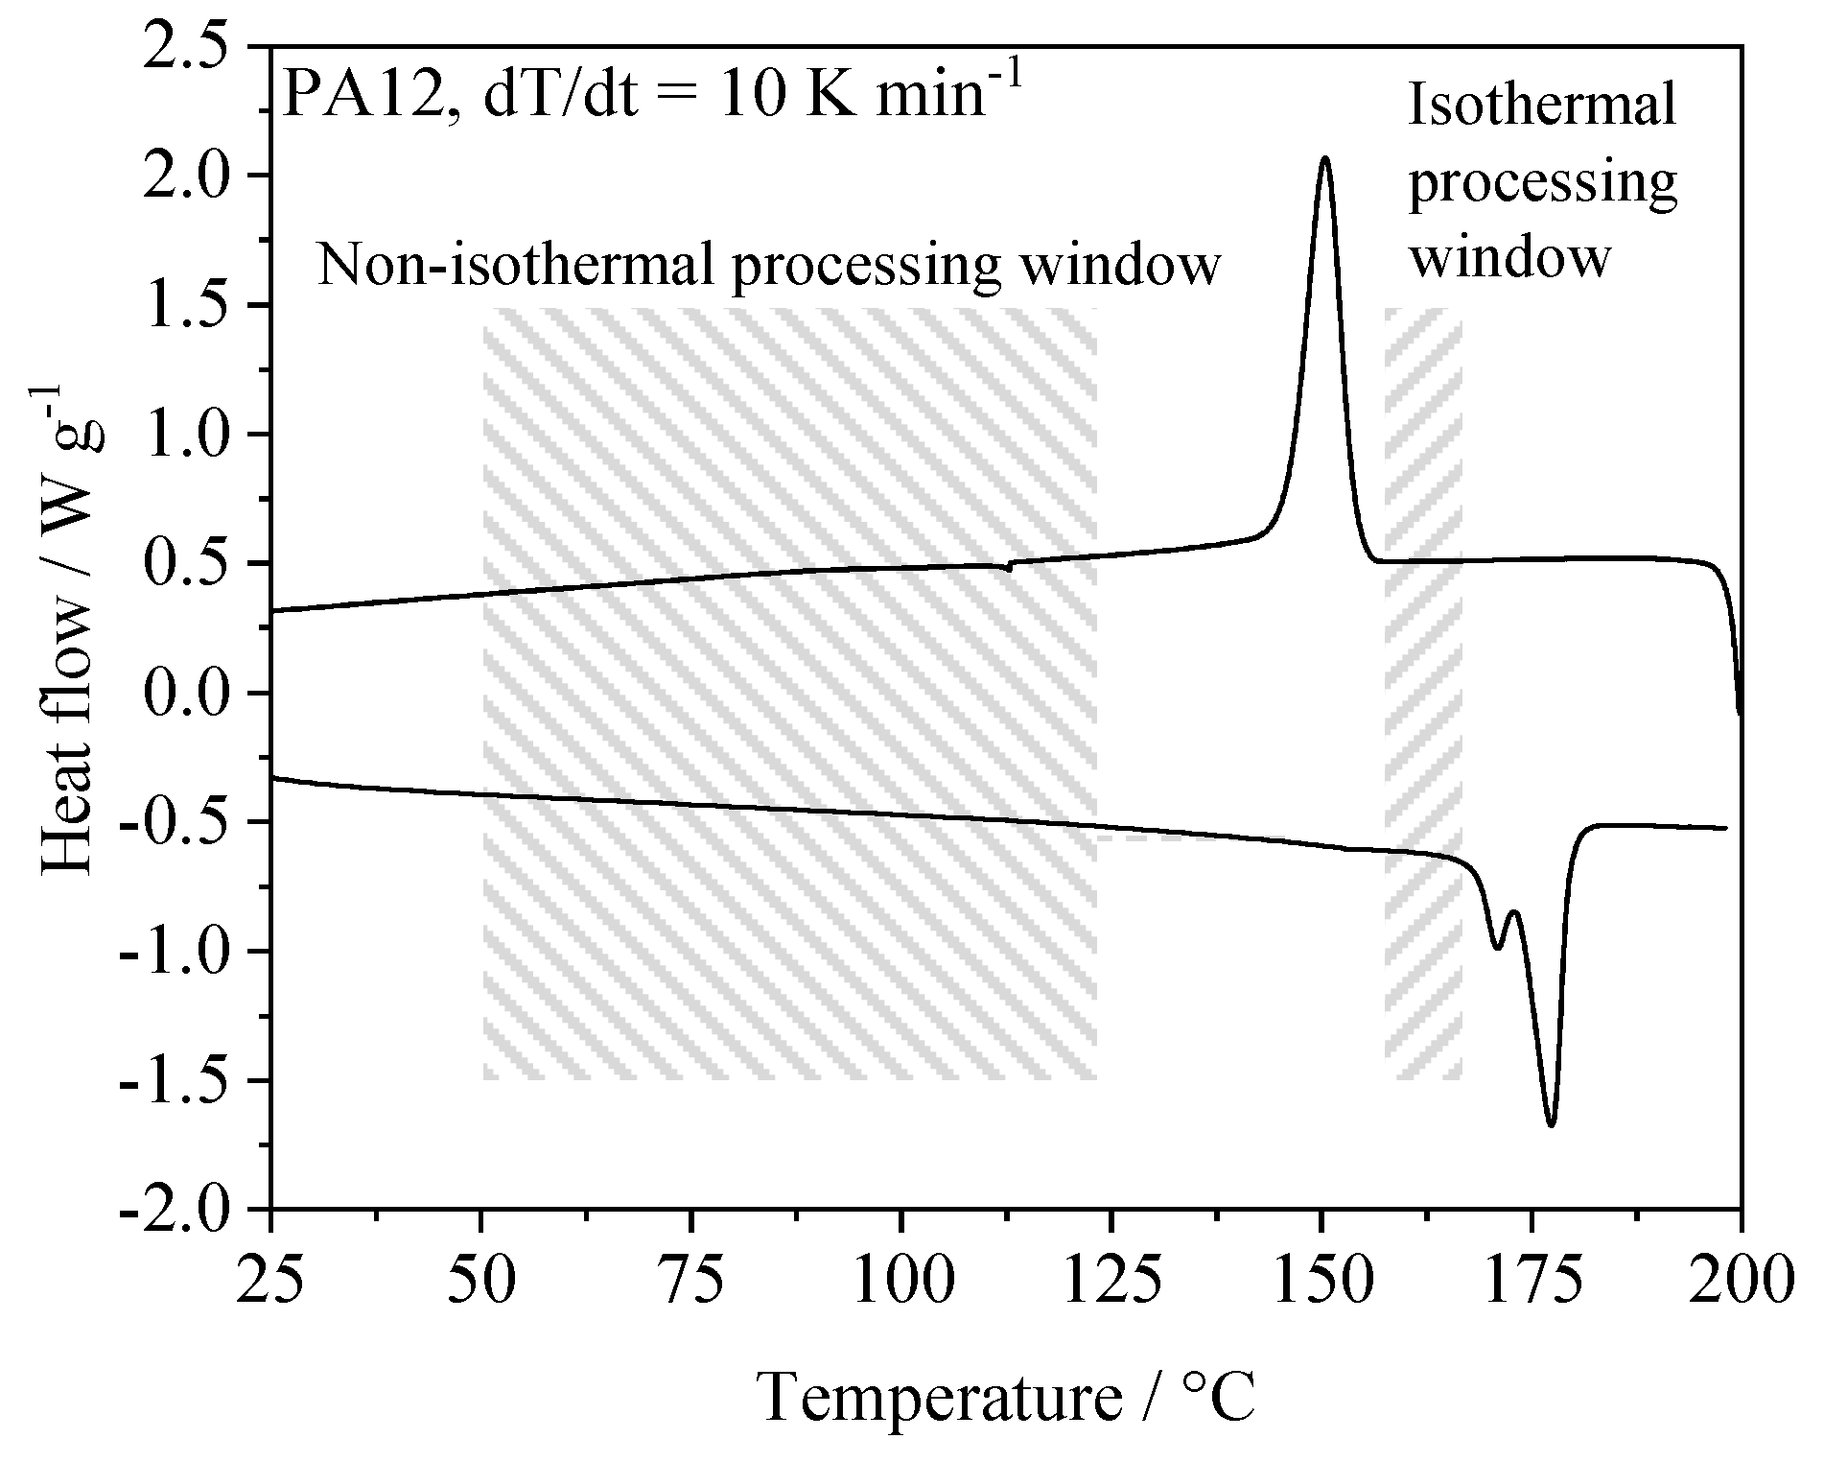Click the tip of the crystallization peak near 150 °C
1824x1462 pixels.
[1325, 158]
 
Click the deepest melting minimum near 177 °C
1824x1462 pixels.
[1551, 1123]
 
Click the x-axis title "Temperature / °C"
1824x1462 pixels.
[1006, 1396]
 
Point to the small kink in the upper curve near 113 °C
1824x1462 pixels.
[1009, 567]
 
